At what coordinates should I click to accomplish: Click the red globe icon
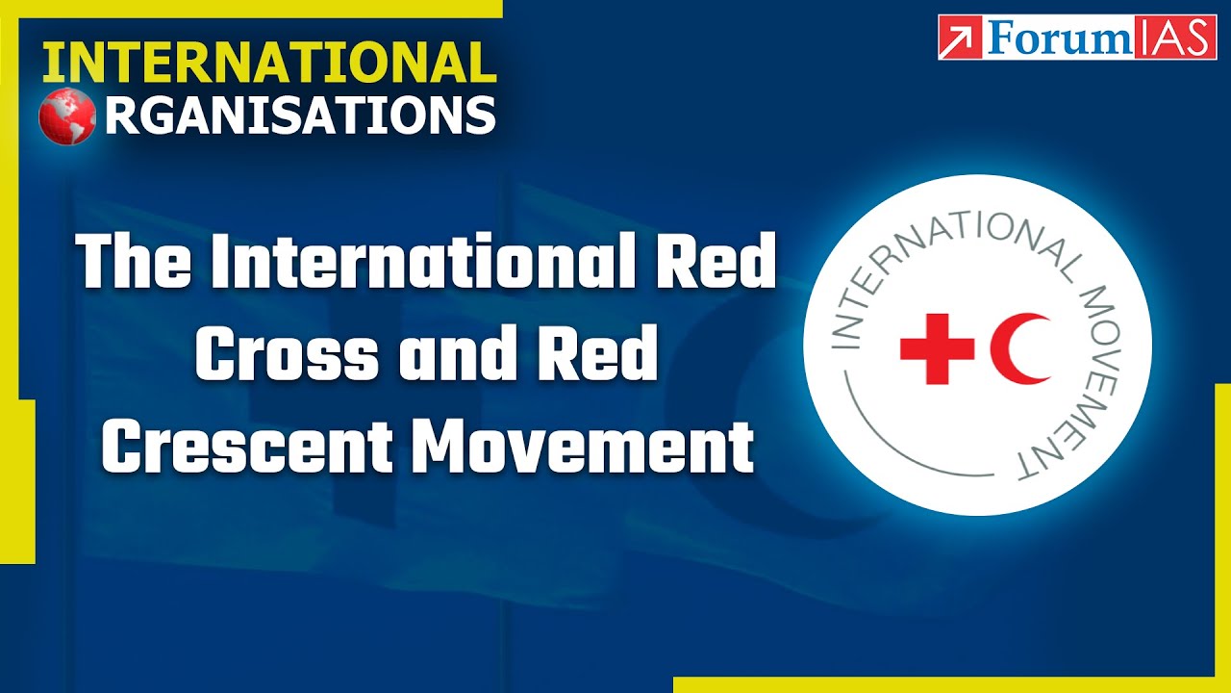pos(67,116)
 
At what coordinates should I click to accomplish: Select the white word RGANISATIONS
pos(300,115)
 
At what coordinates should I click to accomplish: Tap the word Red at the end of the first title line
pos(721,262)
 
